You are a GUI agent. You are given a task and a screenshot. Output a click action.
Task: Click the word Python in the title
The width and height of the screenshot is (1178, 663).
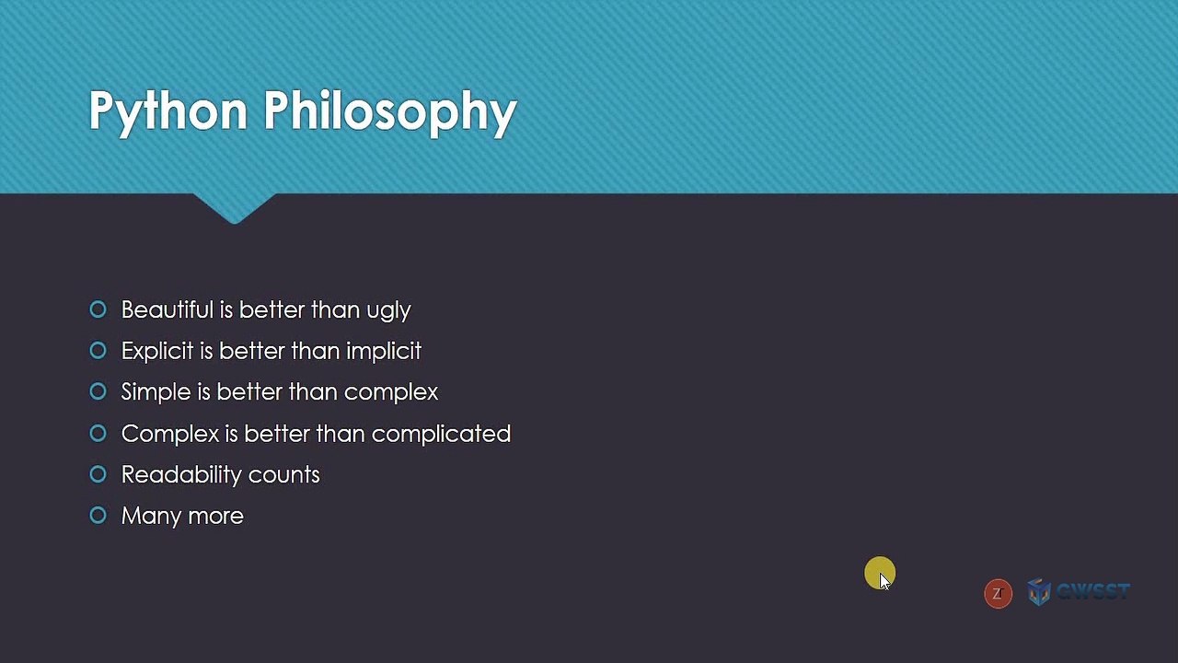[x=168, y=112]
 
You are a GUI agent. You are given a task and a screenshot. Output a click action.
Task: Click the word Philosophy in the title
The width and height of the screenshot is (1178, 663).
[x=390, y=112]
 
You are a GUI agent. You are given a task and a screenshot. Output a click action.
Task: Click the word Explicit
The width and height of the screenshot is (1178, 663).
[x=157, y=352]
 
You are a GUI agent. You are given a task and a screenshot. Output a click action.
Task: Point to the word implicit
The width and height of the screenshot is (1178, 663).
[x=384, y=352]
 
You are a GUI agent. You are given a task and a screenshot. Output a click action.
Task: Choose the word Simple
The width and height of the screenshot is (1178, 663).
[x=156, y=392]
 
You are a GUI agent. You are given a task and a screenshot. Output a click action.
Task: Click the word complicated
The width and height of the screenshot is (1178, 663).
[x=441, y=435]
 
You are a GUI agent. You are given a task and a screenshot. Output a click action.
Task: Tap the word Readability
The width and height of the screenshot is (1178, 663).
[x=181, y=475]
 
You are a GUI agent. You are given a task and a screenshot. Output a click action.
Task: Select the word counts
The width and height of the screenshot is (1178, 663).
[x=284, y=475]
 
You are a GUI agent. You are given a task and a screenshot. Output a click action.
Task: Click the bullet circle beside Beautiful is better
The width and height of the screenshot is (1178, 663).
[x=98, y=309]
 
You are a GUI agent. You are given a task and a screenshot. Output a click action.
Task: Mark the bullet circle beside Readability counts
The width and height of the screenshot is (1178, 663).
[x=98, y=474]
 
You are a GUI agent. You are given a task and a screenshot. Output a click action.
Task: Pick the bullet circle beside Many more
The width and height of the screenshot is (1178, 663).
[x=98, y=515]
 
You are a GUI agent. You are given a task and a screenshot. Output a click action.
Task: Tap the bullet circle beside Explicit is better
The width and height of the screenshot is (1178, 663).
[x=98, y=351]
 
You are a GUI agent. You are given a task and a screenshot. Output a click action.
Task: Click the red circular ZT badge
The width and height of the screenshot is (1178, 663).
[x=999, y=594]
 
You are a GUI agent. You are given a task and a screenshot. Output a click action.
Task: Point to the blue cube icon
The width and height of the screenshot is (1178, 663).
[x=1039, y=592]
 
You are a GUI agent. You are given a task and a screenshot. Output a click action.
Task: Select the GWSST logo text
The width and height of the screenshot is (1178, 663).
[x=1092, y=592]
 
